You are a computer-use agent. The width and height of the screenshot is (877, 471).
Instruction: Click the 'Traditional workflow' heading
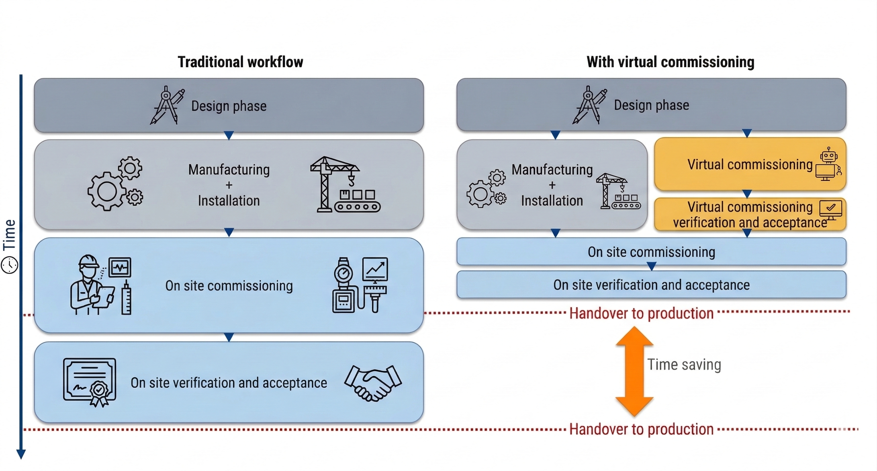pyautogui.click(x=240, y=62)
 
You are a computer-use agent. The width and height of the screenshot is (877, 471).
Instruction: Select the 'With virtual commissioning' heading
pyautogui.click(x=670, y=62)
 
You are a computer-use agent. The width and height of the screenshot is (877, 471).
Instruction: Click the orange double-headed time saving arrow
pyautogui.click(x=634, y=371)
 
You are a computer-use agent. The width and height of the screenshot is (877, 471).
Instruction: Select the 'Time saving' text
pyautogui.click(x=684, y=365)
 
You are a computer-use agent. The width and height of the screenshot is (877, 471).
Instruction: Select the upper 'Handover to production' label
pyautogui.click(x=641, y=313)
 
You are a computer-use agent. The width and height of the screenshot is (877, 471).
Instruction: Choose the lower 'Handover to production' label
pyautogui.click(x=641, y=429)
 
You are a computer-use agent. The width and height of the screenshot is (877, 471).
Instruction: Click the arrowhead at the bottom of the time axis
pyautogui.click(x=21, y=454)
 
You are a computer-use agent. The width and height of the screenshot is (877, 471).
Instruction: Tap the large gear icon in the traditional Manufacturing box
pyautogui.click(x=107, y=192)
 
